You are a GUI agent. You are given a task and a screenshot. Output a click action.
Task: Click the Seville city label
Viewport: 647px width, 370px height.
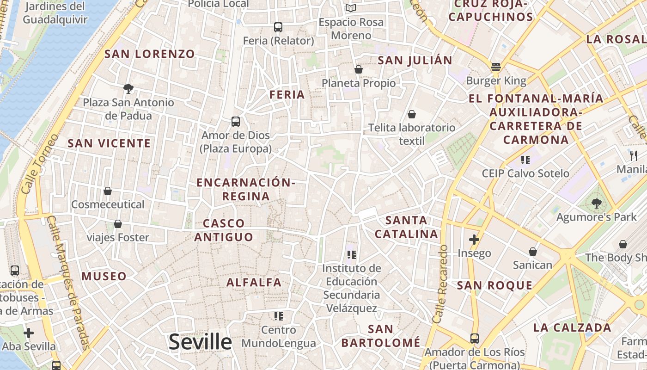tap(200, 342)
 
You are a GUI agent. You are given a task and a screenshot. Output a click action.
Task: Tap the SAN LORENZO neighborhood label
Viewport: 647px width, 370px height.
tap(150, 54)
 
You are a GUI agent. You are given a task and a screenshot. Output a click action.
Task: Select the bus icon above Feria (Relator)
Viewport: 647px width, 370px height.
tap(278, 27)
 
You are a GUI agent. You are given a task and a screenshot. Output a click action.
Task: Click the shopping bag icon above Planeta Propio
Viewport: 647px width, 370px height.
tap(358, 69)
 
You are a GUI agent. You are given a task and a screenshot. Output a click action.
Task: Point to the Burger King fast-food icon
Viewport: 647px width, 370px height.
tap(496, 67)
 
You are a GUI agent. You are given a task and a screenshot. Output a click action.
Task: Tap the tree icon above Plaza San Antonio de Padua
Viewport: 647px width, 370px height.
tap(128, 88)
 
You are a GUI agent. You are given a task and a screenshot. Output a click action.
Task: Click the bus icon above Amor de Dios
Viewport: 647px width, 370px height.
tap(236, 122)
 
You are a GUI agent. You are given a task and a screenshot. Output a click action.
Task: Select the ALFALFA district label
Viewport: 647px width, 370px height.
tap(254, 282)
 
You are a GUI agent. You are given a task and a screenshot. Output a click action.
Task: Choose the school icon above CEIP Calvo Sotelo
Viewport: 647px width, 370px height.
tap(525, 160)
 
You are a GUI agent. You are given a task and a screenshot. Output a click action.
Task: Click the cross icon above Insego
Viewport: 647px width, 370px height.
tap(474, 240)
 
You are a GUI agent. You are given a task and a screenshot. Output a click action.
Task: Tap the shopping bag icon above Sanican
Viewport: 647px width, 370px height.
tap(532, 252)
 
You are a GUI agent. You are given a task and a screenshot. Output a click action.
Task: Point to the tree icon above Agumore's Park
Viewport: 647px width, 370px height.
tap(596, 203)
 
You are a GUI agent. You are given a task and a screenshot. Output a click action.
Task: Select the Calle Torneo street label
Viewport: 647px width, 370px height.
tap(39, 164)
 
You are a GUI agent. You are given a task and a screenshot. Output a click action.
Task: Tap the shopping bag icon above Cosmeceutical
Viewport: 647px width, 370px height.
tap(108, 191)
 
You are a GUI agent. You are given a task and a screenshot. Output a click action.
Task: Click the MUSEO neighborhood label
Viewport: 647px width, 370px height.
tap(104, 277)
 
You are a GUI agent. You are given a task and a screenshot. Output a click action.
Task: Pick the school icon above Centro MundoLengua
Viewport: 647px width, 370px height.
tap(278, 316)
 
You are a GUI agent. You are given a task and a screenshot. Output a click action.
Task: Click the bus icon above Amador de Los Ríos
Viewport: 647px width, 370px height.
tap(474, 338)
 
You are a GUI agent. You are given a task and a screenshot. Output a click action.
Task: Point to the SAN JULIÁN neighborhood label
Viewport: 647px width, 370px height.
tap(415, 61)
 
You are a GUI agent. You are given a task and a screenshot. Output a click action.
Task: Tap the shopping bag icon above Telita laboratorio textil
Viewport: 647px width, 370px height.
tap(411, 114)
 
